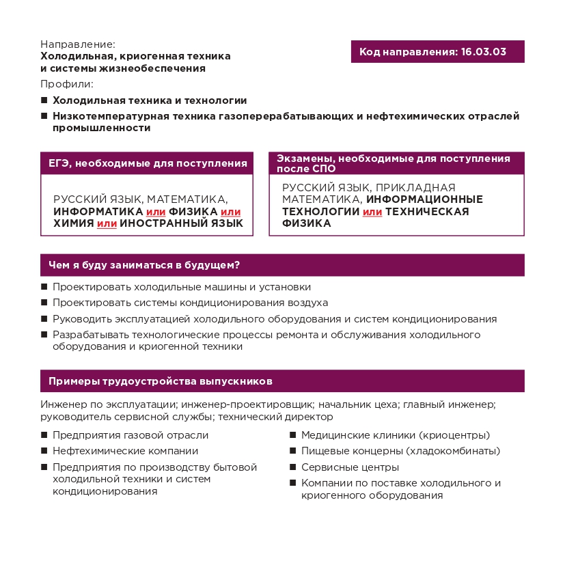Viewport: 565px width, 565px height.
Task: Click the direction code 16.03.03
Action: point(484,52)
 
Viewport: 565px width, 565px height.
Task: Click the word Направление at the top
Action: point(77,44)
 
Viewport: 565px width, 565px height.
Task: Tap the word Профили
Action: point(66,84)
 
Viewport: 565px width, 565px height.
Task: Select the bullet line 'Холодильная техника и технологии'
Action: point(150,100)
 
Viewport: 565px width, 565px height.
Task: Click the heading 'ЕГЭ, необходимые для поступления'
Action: point(147,163)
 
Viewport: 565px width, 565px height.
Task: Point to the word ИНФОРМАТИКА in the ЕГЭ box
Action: point(98,211)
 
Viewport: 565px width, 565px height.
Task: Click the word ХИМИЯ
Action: point(73,223)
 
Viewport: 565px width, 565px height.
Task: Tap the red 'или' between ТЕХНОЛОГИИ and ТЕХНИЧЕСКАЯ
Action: point(372,212)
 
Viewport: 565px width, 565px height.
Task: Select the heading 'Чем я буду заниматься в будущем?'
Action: point(148,265)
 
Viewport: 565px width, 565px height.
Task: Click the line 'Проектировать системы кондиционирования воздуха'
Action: point(190,303)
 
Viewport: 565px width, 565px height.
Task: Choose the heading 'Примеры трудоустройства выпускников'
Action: point(161,381)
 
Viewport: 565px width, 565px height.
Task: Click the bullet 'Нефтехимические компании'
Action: point(125,451)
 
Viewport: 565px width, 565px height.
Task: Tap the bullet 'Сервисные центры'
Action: point(350,467)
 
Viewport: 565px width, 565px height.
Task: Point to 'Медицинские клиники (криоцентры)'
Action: point(395,435)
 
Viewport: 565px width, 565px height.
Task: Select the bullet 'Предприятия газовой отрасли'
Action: point(130,435)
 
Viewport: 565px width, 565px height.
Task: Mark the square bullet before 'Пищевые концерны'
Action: point(293,451)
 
